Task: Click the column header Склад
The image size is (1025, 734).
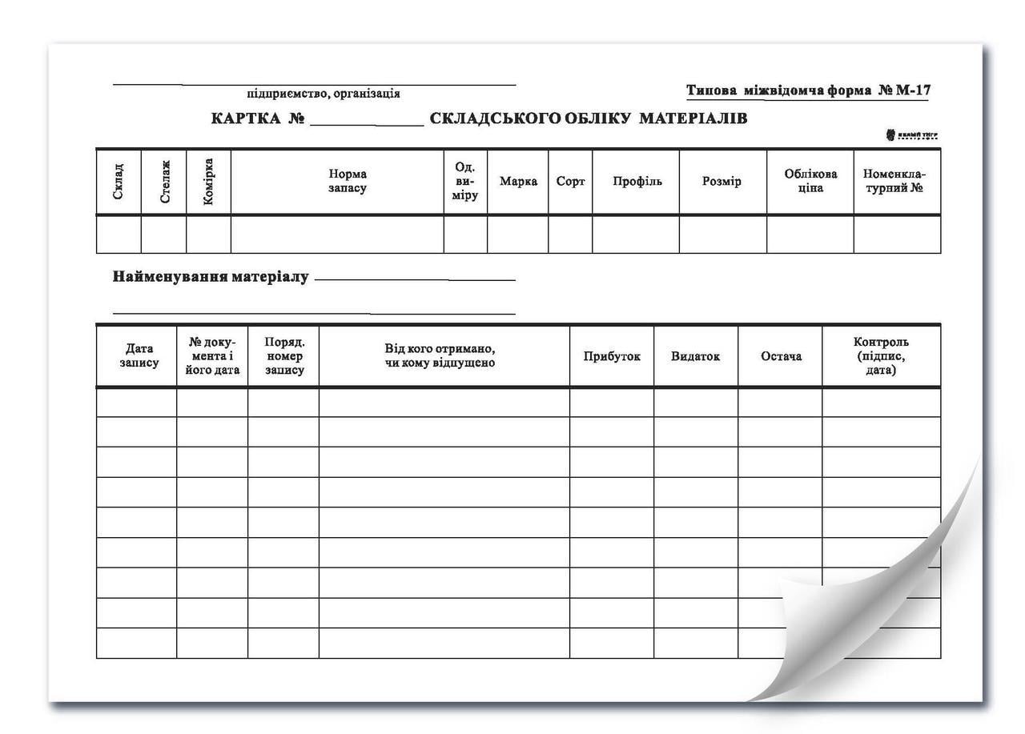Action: [119, 182]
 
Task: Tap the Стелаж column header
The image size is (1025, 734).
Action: [164, 182]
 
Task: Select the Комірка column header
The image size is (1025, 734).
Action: [208, 182]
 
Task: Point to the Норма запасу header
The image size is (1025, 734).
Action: [348, 182]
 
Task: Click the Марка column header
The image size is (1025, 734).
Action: [518, 182]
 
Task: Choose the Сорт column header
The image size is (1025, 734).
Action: [570, 182]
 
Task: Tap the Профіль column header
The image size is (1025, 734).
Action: [637, 182]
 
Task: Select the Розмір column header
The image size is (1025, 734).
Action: [722, 182]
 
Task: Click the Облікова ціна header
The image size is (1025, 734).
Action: [810, 182]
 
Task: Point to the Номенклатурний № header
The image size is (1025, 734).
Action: [894, 182]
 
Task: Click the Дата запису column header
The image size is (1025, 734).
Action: [139, 356]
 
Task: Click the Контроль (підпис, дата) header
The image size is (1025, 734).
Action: [881, 356]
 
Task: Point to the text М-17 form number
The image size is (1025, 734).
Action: [913, 90]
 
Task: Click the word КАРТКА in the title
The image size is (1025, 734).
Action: [246, 119]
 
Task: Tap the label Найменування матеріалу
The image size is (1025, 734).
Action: [211, 278]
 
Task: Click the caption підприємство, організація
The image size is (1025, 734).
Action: [324, 94]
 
